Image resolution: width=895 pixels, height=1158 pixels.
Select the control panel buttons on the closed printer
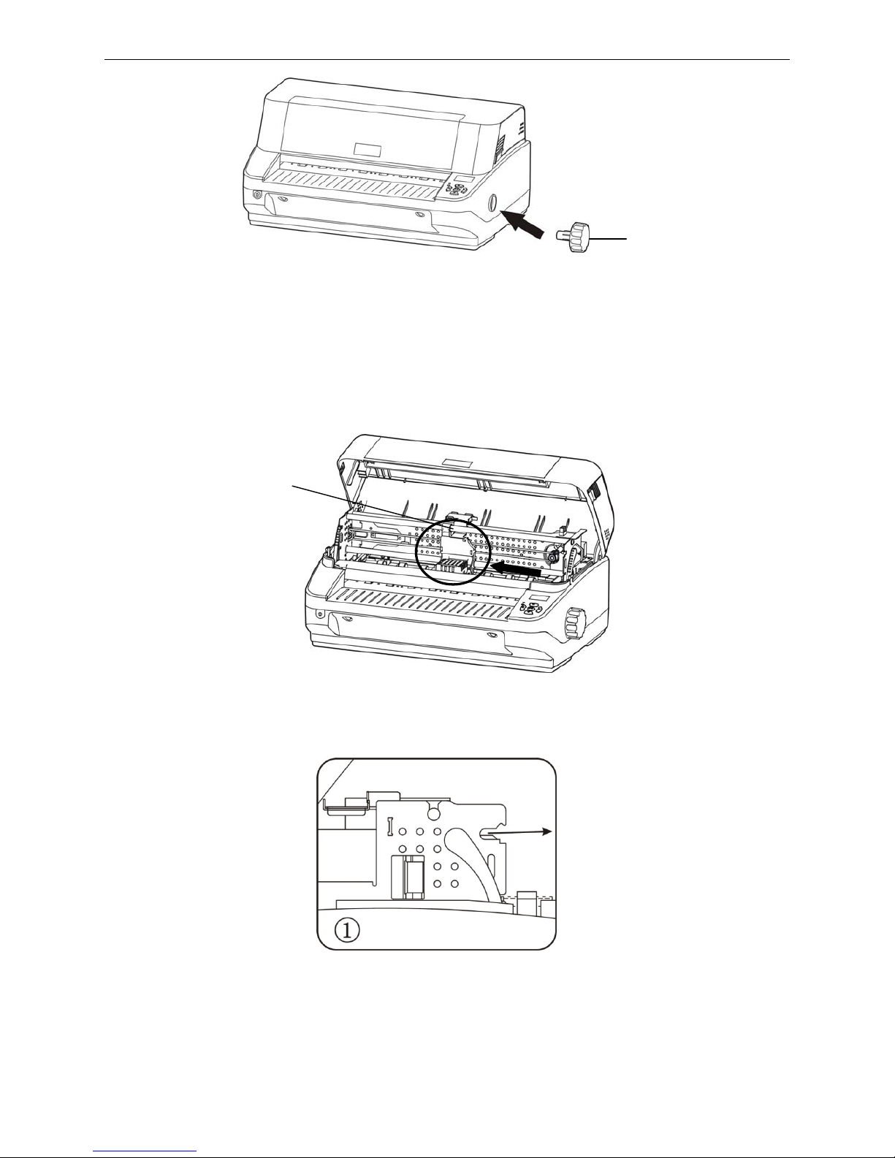(x=454, y=189)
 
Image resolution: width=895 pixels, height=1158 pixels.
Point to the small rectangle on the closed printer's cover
(x=367, y=149)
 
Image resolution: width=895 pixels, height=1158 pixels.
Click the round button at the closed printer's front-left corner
(x=258, y=195)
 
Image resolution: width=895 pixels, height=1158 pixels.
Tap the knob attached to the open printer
(x=575, y=623)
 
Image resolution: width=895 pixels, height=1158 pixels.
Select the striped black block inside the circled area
(x=453, y=567)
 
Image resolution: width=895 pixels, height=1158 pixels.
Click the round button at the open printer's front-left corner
(x=319, y=614)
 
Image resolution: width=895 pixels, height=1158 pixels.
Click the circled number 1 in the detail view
(x=347, y=931)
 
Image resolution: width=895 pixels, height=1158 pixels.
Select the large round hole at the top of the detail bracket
(x=434, y=812)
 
